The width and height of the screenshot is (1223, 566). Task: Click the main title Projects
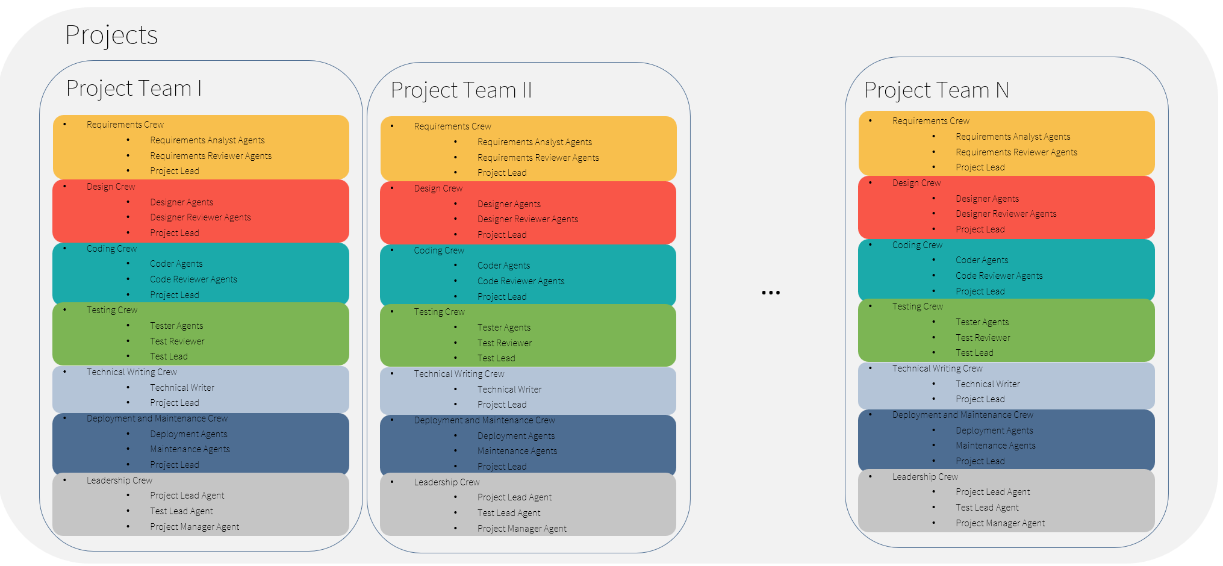tap(111, 36)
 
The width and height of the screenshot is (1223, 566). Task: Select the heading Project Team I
tap(134, 89)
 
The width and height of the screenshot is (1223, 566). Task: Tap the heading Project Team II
tap(461, 90)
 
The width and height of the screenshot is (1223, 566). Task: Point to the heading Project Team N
tap(936, 90)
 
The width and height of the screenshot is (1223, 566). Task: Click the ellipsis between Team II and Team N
tap(771, 293)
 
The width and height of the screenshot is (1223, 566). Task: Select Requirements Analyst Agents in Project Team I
tap(207, 140)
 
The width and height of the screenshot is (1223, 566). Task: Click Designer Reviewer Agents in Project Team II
tap(527, 219)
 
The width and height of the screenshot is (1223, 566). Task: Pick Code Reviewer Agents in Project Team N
tap(999, 276)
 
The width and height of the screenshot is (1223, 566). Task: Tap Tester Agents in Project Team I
tap(176, 326)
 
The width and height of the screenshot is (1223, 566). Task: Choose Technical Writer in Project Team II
tap(509, 390)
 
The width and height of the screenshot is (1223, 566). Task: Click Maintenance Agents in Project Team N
tap(995, 446)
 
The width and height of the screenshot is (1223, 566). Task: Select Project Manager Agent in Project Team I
tap(194, 527)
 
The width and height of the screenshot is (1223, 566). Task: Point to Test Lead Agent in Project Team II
tap(509, 513)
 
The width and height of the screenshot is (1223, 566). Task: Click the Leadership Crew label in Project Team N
tap(925, 477)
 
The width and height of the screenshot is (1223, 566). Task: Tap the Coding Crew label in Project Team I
tap(111, 249)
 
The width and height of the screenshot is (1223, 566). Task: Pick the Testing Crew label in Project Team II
tap(439, 312)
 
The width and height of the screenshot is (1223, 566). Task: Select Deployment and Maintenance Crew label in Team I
tap(157, 418)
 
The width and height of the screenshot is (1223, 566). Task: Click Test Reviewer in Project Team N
tap(983, 338)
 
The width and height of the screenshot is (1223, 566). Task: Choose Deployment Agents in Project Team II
tap(516, 436)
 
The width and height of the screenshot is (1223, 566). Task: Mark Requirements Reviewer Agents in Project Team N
tap(1016, 152)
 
